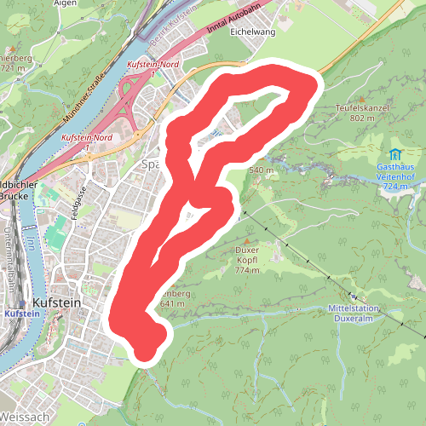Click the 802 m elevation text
point(361,118)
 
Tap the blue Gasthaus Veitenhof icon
point(395,154)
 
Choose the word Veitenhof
point(394,176)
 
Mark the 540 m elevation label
point(262,170)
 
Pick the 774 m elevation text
point(246,271)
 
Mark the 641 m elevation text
point(172,304)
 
